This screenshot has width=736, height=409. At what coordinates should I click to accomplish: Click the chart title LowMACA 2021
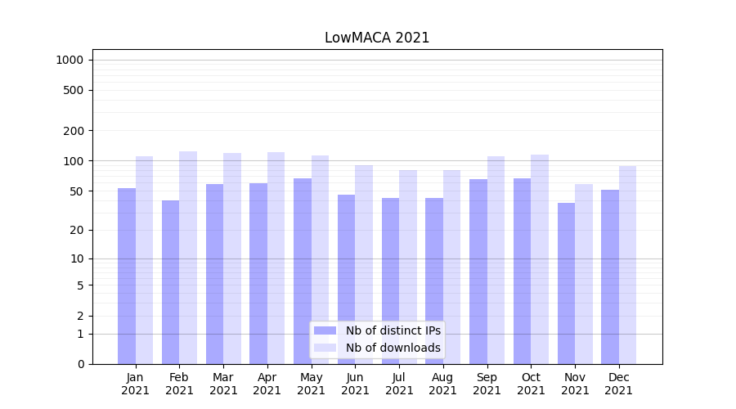pos(377,38)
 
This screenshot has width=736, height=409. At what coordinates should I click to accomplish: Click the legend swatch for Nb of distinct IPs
pos(325,330)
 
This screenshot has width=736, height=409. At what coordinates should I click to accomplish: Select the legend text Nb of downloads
pos(393,348)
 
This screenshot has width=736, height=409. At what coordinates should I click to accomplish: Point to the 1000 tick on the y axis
pos(70,60)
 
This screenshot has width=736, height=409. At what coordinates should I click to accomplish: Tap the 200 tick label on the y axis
pos(74,131)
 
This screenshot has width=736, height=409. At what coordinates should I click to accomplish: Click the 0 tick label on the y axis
pos(80,364)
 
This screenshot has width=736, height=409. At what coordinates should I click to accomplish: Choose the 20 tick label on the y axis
pos(77,231)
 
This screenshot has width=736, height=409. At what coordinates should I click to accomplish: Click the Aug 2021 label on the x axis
pos(443,384)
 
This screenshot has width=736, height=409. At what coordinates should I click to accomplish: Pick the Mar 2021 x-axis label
pos(223,384)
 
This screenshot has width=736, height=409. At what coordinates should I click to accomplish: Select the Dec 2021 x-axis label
pos(618,384)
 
